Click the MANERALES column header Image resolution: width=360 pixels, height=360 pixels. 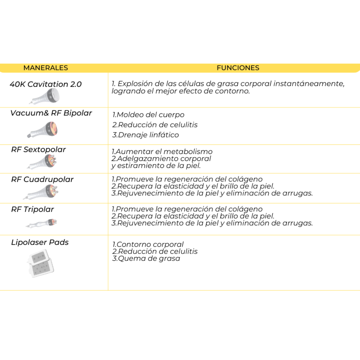[x=45, y=68]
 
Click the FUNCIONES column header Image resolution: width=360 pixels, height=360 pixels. [x=238, y=68]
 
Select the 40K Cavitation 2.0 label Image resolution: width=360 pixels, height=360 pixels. [x=46, y=84]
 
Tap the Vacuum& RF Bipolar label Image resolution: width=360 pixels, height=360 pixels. [x=51, y=113]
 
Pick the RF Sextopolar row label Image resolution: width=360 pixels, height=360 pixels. [x=38, y=150]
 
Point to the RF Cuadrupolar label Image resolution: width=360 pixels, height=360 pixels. [x=42, y=179]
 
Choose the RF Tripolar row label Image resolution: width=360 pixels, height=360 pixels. [x=32, y=209]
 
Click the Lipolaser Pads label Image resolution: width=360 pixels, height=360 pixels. [x=40, y=242]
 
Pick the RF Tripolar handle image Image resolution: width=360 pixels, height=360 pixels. [x=42, y=223]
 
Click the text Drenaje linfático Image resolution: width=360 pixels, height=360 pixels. [x=146, y=135]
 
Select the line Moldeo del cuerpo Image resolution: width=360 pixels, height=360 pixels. [x=148, y=115]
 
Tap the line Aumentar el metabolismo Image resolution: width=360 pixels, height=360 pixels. [x=162, y=152]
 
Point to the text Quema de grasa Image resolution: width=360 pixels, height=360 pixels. [x=146, y=258]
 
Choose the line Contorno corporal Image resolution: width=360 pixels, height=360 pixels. [x=148, y=245]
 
